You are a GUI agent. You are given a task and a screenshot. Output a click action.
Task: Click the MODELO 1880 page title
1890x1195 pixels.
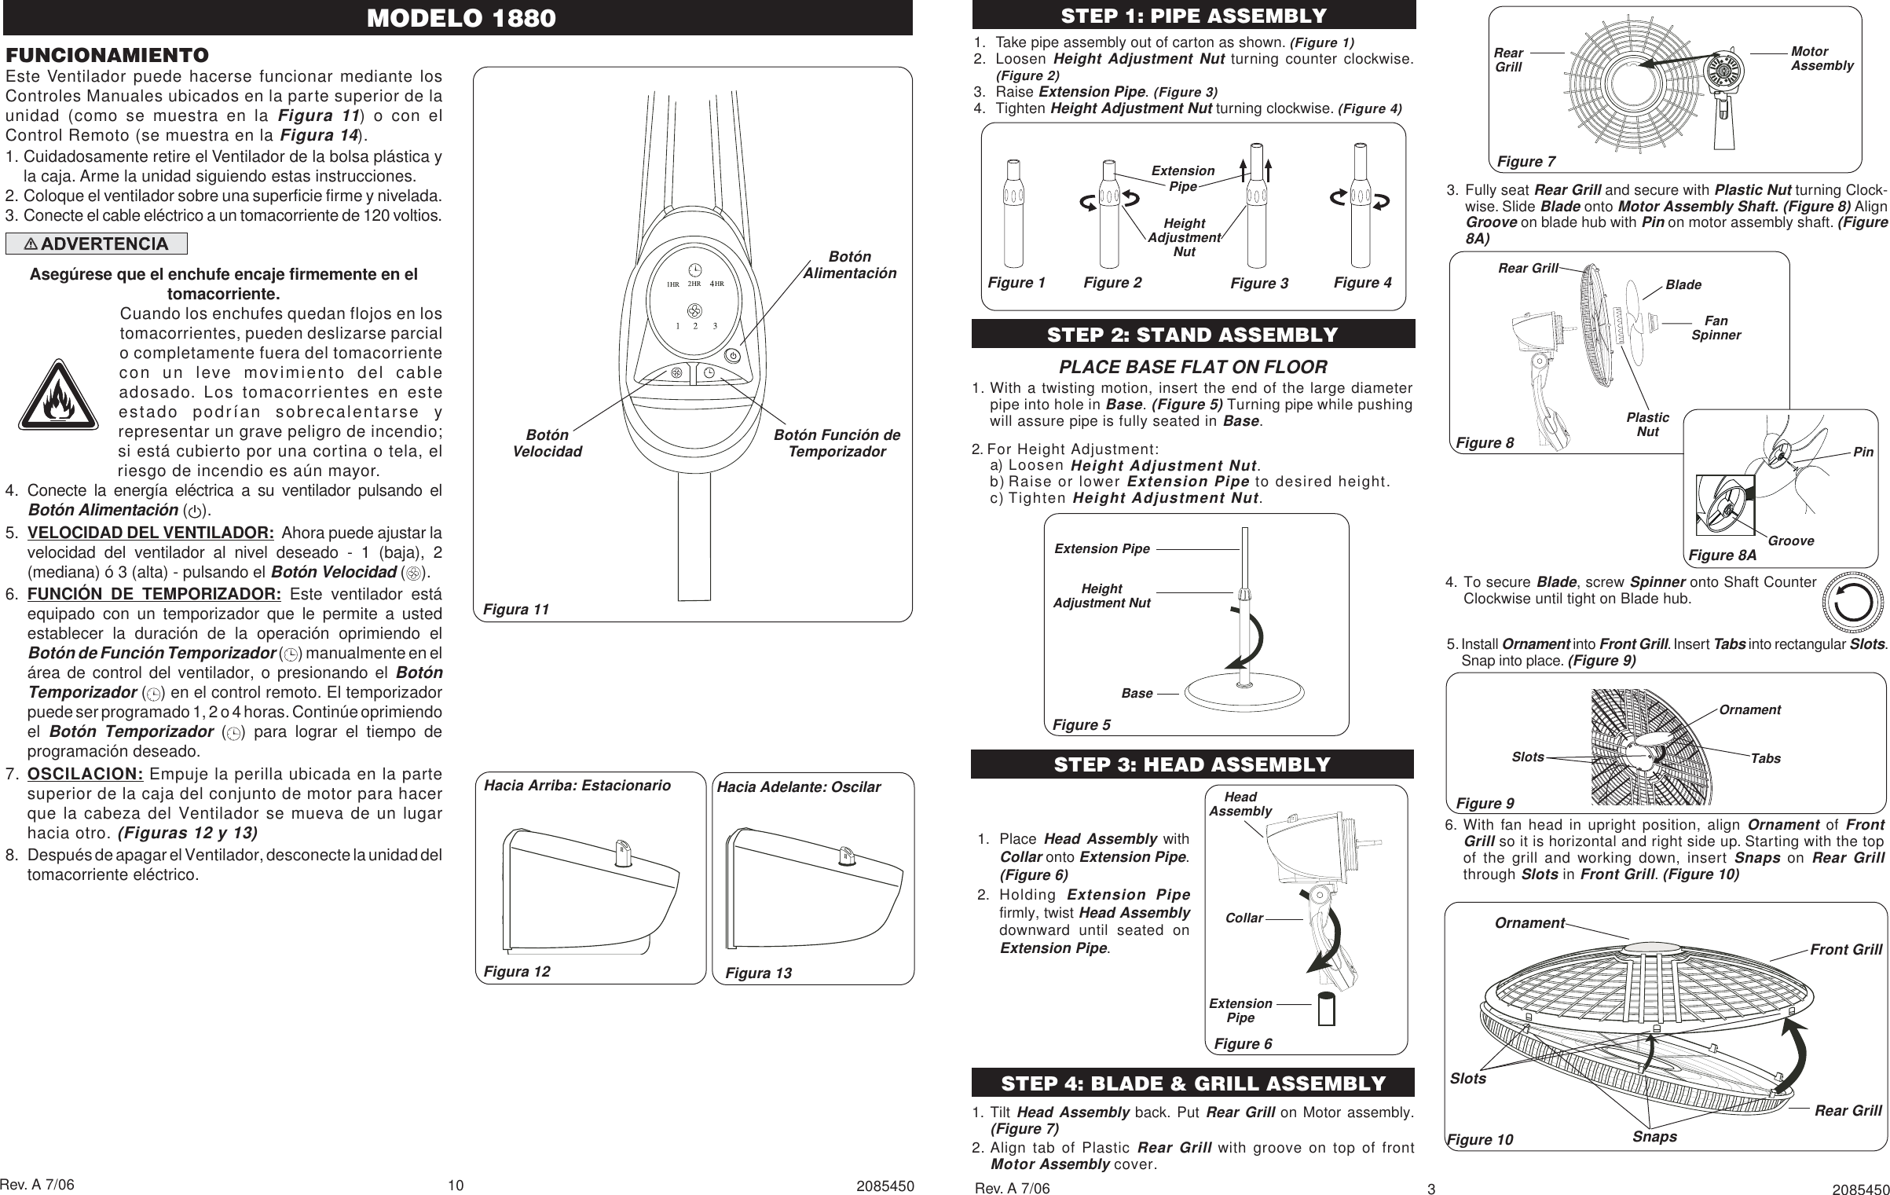(x=461, y=18)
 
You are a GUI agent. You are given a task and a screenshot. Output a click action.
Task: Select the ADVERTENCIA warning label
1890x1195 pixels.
(x=97, y=244)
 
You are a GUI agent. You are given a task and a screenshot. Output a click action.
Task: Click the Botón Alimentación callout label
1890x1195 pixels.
(x=849, y=266)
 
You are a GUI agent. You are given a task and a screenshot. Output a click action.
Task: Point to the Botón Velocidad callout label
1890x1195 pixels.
(x=548, y=443)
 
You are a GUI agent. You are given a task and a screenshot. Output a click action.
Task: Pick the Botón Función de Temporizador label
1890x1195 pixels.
(x=837, y=443)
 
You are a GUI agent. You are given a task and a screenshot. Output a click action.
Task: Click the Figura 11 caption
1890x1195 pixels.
(x=516, y=609)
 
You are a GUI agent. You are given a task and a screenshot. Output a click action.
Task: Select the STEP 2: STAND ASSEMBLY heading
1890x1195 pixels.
(x=1192, y=335)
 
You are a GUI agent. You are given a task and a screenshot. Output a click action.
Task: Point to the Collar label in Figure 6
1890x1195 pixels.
(x=1244, y=918)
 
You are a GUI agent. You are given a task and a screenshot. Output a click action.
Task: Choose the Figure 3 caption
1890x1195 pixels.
(x=1259, y=284)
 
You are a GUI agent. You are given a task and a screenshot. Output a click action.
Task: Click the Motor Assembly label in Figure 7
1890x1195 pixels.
(x=1822, y=58)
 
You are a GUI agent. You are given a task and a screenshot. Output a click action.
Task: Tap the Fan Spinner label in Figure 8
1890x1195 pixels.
(x=1716, y=328)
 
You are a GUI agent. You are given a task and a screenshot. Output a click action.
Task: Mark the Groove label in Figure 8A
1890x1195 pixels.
(x=1791, y=541)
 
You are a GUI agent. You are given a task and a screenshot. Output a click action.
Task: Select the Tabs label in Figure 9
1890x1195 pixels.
(x=1765, y=758)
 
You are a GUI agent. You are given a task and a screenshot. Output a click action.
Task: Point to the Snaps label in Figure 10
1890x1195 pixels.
(x=1654, y=1137)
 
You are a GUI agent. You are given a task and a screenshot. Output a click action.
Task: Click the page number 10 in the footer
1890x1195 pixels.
(x=456, y=1185)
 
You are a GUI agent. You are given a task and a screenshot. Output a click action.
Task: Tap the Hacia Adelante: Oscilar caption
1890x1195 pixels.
(x=799, y=786)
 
